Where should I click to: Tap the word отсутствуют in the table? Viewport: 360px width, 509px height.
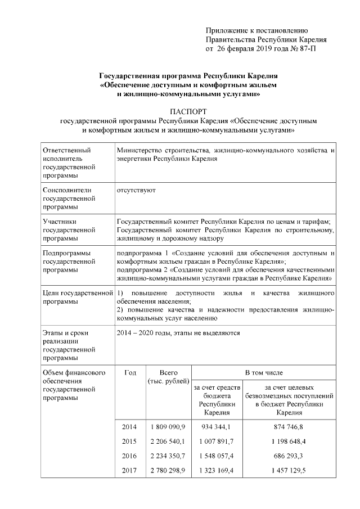point(136,190)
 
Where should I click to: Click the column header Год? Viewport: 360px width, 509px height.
point(130,372)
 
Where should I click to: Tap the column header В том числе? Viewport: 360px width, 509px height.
point(264,372)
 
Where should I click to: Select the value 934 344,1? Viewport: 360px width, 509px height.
point(216,427)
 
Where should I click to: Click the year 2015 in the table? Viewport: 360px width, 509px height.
point(129,442)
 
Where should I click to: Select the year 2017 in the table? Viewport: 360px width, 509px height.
point(129,470)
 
